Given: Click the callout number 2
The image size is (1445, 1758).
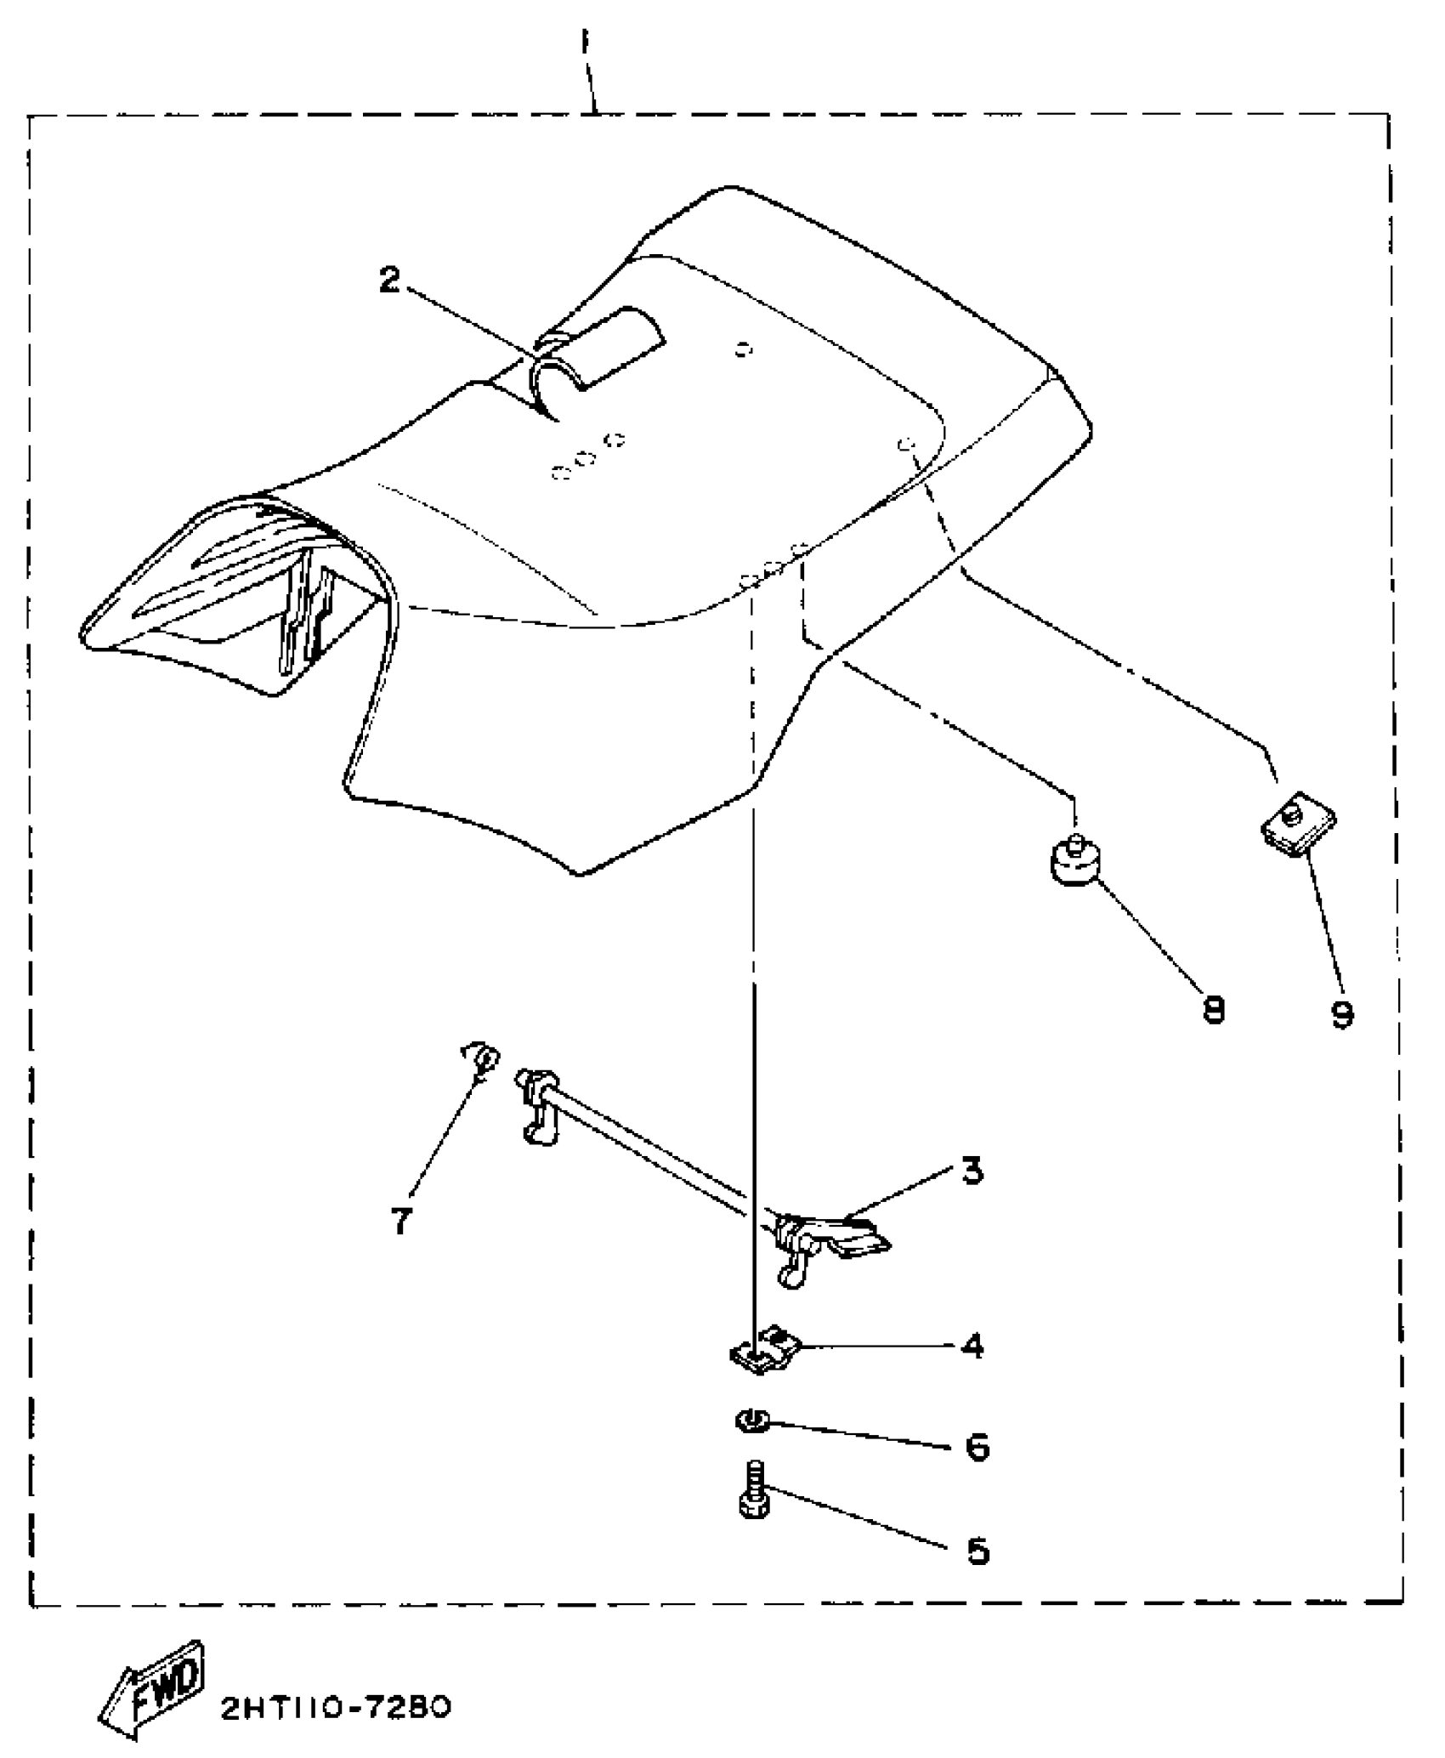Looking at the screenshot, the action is pos(389,280).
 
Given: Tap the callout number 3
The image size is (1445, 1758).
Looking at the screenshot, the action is pos(972,1171).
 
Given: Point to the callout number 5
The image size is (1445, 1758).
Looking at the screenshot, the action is pos(977,1552).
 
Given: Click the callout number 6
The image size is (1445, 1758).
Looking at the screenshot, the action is pos(977,1446).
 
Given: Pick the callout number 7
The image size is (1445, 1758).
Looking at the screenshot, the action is pos(400,1221).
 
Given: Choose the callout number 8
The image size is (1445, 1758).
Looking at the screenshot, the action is pos(1214,1010).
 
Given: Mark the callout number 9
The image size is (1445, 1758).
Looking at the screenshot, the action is pos(1342,1012).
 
